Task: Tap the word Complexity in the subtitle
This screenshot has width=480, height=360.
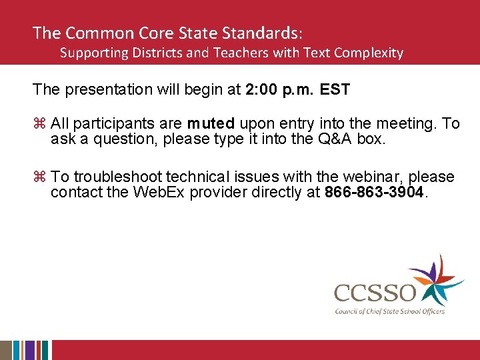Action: point(370,53)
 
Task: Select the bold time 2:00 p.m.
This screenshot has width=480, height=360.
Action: point(280,89)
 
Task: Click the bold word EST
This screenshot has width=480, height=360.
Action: point(335,89)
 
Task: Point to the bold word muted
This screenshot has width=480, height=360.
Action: point(211,123)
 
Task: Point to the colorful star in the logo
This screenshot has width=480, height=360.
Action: point(433,280)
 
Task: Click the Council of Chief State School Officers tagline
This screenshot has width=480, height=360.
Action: point(390,311)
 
